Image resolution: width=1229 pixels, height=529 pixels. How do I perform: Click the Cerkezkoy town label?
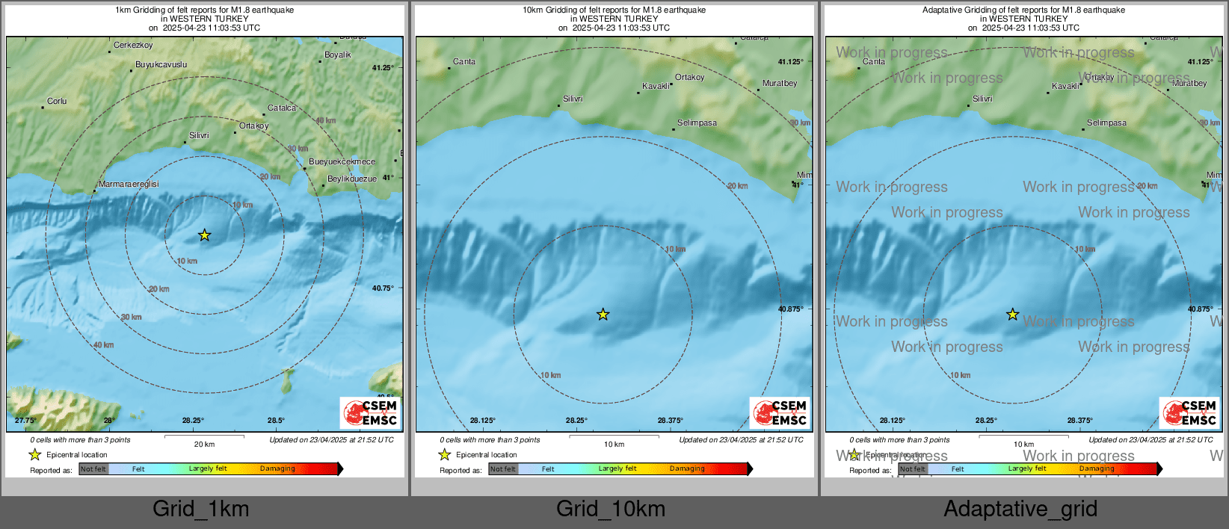point(133,46)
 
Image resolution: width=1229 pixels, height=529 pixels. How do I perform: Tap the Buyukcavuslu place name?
point(161,65)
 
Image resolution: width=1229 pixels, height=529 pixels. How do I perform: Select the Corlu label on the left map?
point(57,102)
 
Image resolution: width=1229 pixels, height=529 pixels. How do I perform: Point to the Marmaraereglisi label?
point(129,185)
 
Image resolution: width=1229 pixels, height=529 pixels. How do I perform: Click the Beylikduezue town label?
point(352,179)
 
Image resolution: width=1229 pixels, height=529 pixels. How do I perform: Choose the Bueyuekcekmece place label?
point(342,162)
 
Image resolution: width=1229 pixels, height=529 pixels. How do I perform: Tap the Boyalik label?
point(338,55)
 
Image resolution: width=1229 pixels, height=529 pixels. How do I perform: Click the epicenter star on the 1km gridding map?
point(205,235)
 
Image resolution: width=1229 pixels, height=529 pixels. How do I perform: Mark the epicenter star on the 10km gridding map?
point(603,315)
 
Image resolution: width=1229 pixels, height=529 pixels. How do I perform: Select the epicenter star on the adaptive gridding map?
point(1013,315)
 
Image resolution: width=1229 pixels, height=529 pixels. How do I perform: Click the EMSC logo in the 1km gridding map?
point(371,413)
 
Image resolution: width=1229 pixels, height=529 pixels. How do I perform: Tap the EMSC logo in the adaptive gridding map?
point(1190,413)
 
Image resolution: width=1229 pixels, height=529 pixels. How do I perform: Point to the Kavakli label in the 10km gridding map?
point(656,87)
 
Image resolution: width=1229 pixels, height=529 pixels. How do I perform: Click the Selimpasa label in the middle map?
point(697,123)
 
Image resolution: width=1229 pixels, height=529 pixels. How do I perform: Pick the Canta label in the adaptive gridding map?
point(874,62)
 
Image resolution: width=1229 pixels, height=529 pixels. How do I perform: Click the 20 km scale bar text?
point(204,445)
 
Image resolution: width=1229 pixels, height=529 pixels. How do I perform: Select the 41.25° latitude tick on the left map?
point(383,68)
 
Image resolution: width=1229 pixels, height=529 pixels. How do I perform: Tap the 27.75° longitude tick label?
point(25,421)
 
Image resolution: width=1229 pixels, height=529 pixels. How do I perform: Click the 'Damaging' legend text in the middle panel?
point(687,469)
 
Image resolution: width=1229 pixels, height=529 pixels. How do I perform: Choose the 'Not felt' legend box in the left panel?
point(93,469)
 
